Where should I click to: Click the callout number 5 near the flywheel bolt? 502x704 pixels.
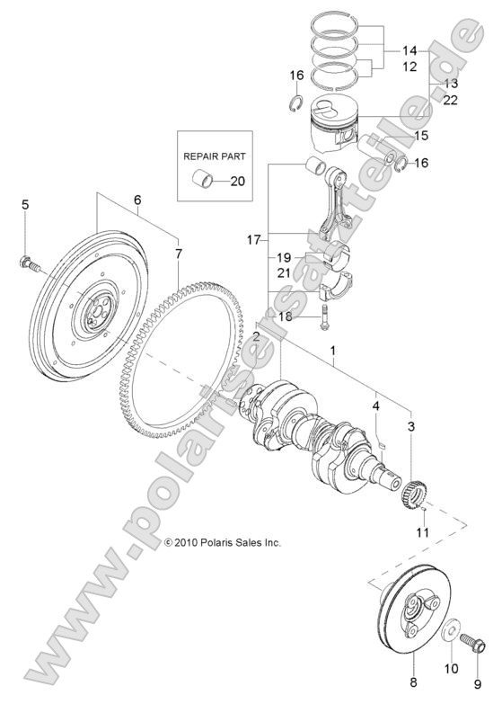coord(25,205)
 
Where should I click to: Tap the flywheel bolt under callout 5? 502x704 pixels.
coord(27,263)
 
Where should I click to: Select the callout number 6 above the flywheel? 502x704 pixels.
coord(137,200)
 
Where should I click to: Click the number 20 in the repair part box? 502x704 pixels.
coord(237,181)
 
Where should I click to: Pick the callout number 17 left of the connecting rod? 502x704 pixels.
coord(254,240)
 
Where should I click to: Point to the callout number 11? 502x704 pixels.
coord(422,533)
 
